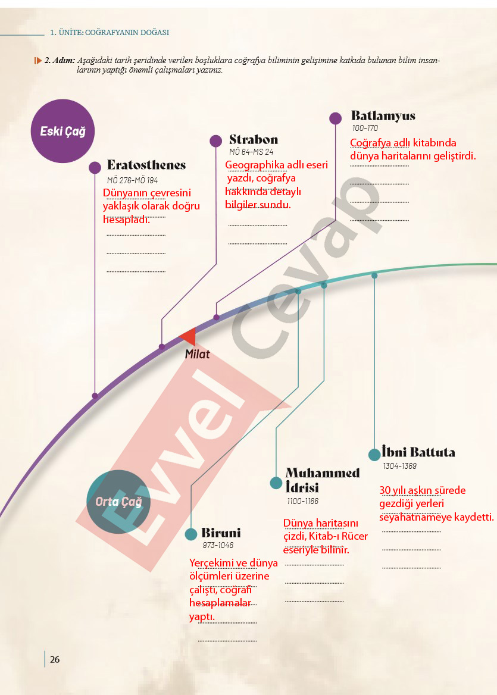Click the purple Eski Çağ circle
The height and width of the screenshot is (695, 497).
tap(62, 131)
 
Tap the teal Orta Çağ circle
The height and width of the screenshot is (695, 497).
tap(118, 502)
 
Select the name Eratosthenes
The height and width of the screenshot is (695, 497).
tap(146, 165)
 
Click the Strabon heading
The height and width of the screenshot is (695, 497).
tap(254, 140)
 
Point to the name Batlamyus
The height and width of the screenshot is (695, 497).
tap(383, 115)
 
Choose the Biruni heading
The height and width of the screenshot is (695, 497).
tap(221, 533)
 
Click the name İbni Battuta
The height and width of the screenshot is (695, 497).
tap(418, 453)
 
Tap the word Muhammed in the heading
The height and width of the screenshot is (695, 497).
tap(323, 473)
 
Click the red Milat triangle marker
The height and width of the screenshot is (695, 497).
tap(189, 336)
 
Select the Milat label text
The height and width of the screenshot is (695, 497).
tap(197, 354)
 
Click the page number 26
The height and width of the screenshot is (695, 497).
tap(55, 659)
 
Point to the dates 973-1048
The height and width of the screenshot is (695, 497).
tap(218, 545)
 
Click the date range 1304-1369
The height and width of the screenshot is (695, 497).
tap(399, 466)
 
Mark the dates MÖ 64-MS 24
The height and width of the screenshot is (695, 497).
tap(251, 152)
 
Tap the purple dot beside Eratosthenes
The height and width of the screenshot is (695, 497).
tap(95, 167)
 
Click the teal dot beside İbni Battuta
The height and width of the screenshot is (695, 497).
tap(374, 455)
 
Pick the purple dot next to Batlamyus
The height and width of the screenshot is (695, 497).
tap(336, 118)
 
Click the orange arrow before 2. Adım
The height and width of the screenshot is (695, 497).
tap(38, 61)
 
